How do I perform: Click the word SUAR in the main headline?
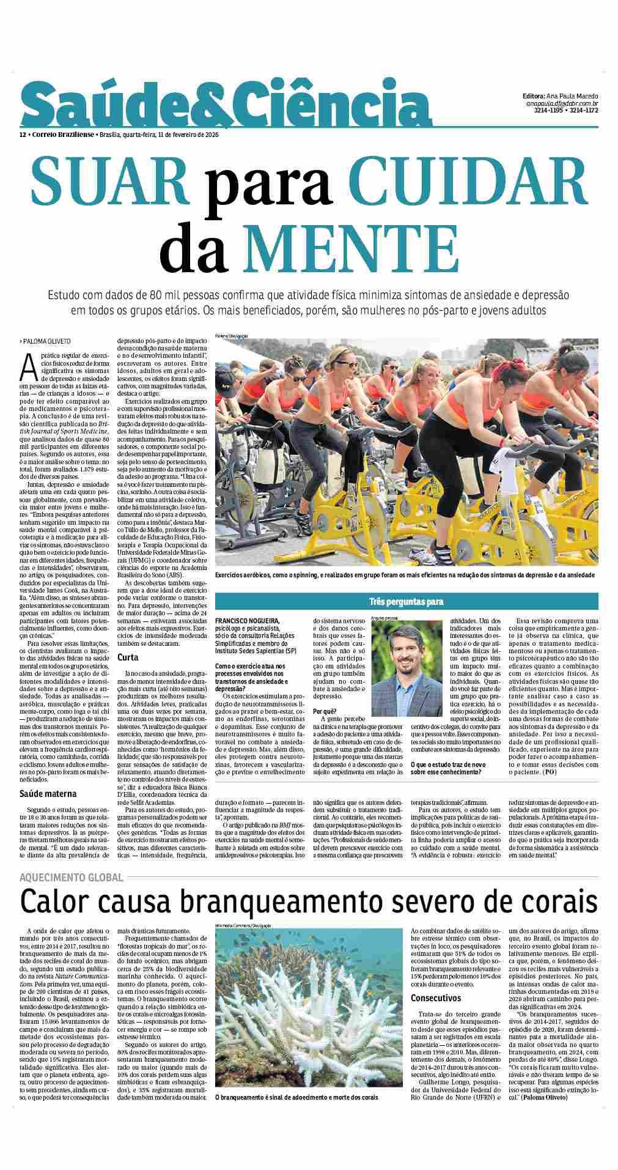[x=109, y=178]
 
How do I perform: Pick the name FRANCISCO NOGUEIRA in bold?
[x=247, y=621]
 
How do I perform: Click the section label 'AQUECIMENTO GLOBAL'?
[x=71, y=877]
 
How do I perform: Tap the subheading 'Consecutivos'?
[x=436, y=998]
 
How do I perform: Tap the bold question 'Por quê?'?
[x=323, y=711]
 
